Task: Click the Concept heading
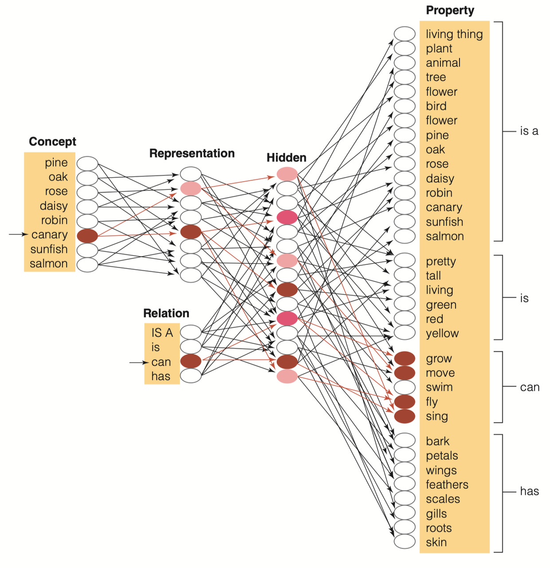point(52,142)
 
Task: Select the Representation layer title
point(192,153)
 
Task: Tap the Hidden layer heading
point(286,158)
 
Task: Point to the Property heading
point(450,10)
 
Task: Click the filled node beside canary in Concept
point(87,236)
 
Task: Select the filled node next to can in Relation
point(191,361)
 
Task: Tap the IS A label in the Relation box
point(162,332)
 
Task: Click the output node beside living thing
point(405,34)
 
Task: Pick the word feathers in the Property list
point(447,485)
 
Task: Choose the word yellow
point(442,333)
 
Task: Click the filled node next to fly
point(405,402)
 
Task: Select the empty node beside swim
point(405,387)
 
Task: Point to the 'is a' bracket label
point(529,131)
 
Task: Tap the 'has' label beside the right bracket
point(529,491)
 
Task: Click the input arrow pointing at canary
point(18,234)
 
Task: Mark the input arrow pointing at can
point(138,363)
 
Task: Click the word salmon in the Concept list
point(48,264)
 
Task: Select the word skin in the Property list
point(436,542)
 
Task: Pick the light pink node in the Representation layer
point(191,189)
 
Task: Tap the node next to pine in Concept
point(87,163)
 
